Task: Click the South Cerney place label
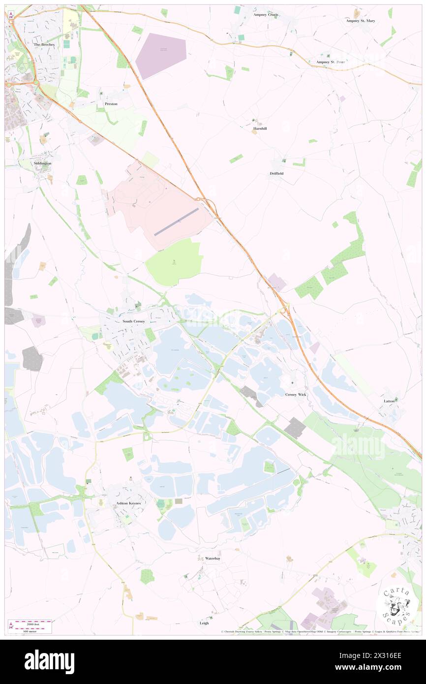133,321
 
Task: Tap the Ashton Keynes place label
128,503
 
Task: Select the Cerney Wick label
296,395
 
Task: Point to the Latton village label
389,401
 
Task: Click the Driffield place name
276,174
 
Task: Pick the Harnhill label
260,128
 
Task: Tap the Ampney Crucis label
266,15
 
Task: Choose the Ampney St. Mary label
361,21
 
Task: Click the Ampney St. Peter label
331,62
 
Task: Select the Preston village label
111,104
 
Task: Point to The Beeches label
44,44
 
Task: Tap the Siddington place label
42,163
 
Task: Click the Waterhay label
213,559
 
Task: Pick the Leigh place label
204,623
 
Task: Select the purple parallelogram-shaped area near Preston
161,56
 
